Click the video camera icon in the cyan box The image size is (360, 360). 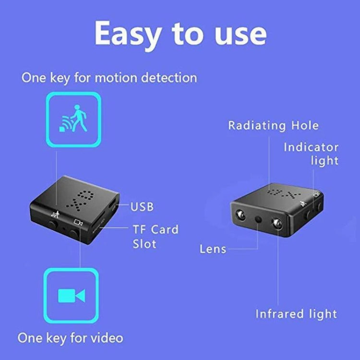[x=72, y=295]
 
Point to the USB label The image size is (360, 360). [x=142, y=207]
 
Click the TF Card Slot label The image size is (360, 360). [x=155, y=236]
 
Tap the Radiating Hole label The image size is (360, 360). [x=273, y=126]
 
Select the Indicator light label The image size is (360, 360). [x=311, y=154]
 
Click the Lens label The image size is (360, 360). [x=213, y=249]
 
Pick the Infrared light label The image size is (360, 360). [x=296, y=314]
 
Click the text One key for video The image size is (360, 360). [x=71, y=337]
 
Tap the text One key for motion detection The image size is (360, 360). [x=109, y=78]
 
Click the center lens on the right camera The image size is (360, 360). [x=259, y=219]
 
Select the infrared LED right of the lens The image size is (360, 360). [x=277, y=222]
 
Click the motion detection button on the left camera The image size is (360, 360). [x=54, y=223]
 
